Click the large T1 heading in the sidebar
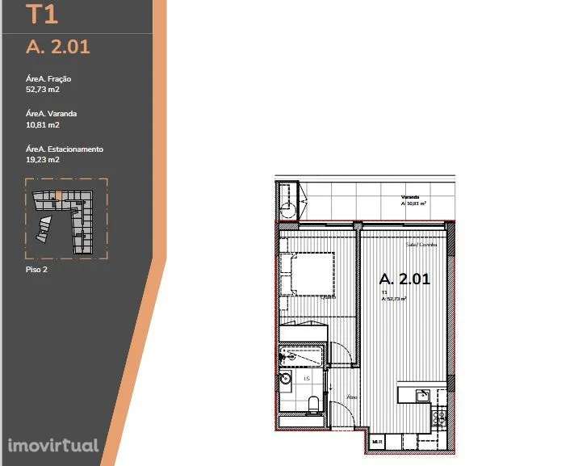(42, 15)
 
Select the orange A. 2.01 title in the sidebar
(57, 46)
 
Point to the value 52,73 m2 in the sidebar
(43, 90)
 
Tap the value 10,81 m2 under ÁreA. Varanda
(43, 125)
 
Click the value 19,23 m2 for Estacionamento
(43, 160)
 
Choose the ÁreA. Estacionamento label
(65, 149)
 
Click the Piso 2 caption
(37, 270)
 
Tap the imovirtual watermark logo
(53, 445)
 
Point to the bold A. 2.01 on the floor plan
(404, 279)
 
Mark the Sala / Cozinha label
(421, 244)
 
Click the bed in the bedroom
(308, 275)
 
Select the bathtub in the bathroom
(303, 354)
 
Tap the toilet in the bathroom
(313, 403)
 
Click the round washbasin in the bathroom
(286, 377)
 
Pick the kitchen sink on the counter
(421, 394)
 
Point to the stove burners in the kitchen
(439, 417)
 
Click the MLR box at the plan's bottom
(376, 442)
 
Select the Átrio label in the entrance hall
(351, 397)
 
